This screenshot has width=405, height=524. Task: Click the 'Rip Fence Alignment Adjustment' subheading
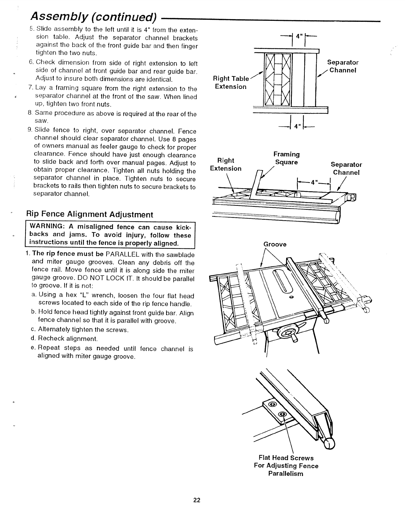point(90,214)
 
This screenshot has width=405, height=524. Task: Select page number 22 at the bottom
point(197,500)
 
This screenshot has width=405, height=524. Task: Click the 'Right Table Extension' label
point(231,82)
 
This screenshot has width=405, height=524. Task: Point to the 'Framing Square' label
point(287,158)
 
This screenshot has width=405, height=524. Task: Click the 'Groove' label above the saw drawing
point(275,244)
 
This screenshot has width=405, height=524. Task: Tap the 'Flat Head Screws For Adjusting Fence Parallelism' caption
point(286,465)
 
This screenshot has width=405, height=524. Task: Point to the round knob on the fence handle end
point(329,445)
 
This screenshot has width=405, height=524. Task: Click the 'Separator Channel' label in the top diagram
point(343,66)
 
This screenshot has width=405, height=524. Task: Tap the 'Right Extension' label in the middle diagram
point(226,164)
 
